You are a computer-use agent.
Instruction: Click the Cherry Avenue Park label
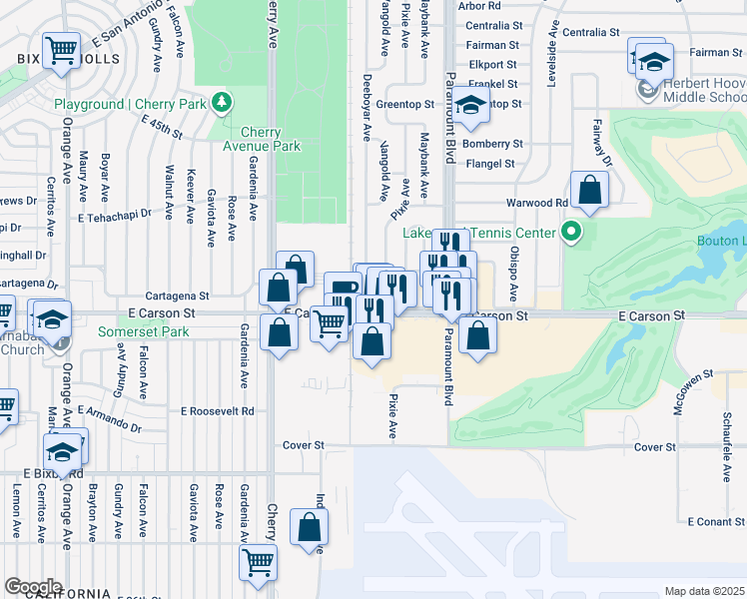[271, 139]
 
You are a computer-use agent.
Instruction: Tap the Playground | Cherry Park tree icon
[228, 103]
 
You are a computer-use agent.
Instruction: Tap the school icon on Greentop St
[468, 104]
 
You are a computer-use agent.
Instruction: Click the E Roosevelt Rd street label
[218, 410]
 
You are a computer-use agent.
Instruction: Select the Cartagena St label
[177, 296]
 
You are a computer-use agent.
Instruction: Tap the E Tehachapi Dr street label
[119, 215]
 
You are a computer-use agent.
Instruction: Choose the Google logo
[33, 586]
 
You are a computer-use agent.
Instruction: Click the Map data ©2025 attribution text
[704, 591]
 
